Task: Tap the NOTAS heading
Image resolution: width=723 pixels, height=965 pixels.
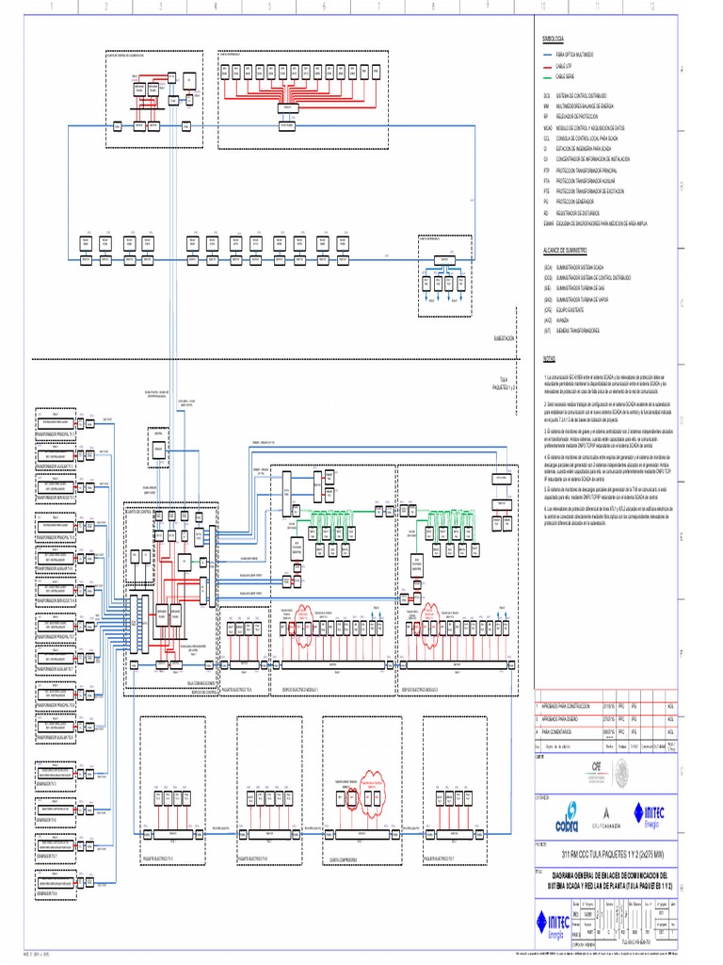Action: click(x=550, y=358)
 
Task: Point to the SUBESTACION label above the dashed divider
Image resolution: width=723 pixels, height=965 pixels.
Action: click(x=504, y=338)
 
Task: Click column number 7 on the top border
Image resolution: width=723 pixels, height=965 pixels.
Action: click(x=378, y=7)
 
